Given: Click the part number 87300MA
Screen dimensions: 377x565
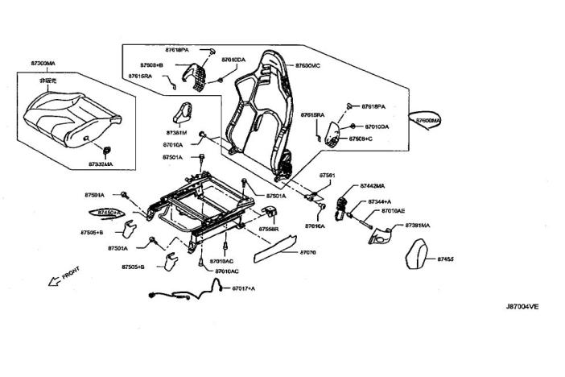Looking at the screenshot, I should [x=43, y=63].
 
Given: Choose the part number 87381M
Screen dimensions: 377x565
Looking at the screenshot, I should [x=176, y=132].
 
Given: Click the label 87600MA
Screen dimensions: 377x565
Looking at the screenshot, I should [x=428, y=120].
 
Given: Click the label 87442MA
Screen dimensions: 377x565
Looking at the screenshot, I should [x=372, y=186].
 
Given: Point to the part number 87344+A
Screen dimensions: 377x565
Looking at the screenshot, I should [x=379, y=201].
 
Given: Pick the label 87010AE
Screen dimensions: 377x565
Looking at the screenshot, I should [x=393, y=210].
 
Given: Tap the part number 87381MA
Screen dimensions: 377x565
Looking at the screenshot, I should [x=418, y=226].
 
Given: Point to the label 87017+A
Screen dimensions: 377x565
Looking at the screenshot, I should [x=243, y=288].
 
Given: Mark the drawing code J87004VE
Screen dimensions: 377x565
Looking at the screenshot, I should [x=522, y=307].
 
